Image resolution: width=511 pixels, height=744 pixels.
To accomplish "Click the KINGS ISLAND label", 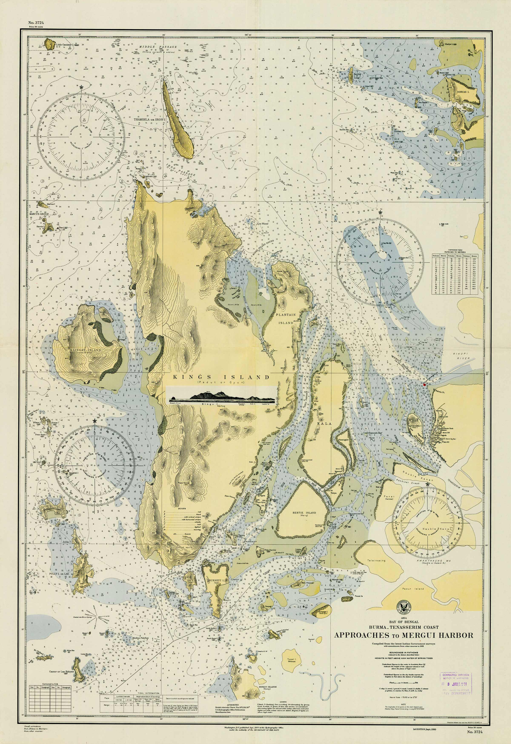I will tap(221, 377).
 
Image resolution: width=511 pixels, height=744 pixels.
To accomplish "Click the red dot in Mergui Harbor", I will tap(424, 385).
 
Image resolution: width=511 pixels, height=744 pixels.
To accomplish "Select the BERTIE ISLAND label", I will tap(304, 513).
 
